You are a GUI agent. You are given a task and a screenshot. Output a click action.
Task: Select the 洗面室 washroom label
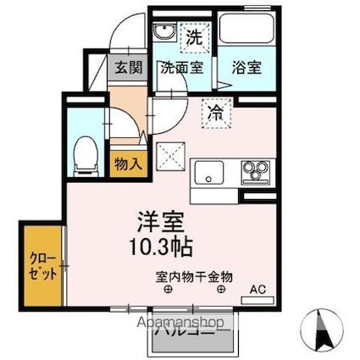click(181, 68)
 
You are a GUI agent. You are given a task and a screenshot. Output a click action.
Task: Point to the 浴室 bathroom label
click(246, 68)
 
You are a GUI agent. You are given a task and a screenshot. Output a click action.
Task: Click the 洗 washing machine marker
click(194, 37)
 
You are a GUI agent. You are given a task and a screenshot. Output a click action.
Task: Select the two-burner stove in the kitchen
click(253, 173)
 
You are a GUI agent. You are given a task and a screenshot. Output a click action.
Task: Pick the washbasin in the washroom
click(164, 35)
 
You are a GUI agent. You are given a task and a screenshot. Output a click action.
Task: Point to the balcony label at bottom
click(194, 340)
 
